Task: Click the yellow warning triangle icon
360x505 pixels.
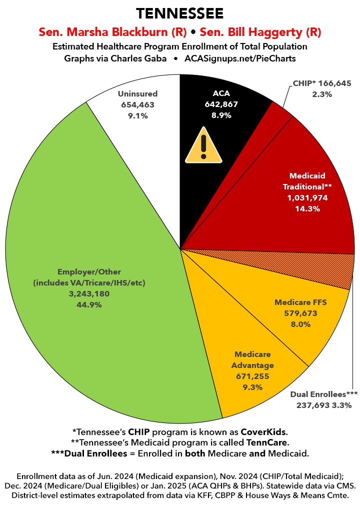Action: pyautogui.click(x=203, y=146)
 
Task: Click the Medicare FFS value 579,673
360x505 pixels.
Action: pyautogui.click(x=301, y=313)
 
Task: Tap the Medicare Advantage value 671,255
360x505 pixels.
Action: pyautogui.click(x=252, y=376)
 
